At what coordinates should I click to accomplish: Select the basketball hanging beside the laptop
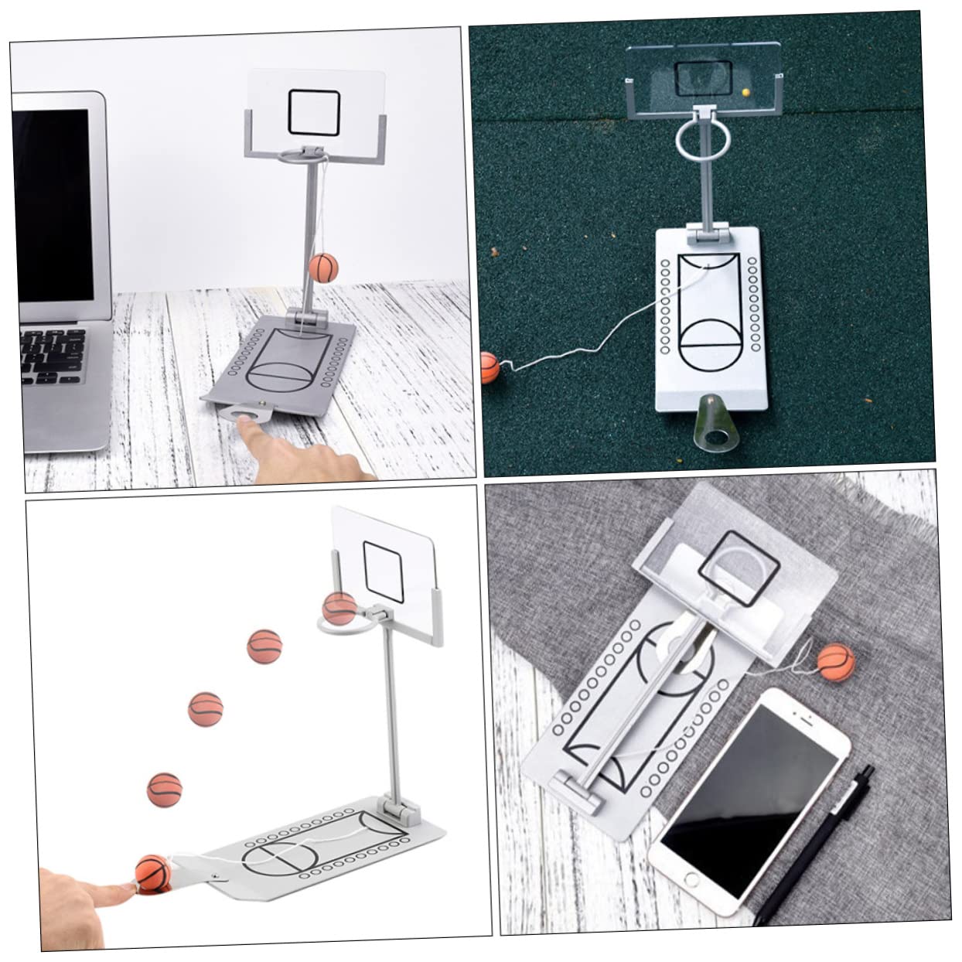(324, 267)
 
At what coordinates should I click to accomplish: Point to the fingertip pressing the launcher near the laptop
(246, 423)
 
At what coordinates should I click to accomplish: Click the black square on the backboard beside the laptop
(314, 111)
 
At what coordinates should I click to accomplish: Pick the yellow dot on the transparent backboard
(745, 92)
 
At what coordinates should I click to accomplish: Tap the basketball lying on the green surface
(490, 368)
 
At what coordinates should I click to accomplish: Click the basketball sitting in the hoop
(339, 609)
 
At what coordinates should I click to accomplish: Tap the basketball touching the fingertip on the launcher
(152, 875)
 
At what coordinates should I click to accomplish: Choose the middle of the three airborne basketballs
(206, 708)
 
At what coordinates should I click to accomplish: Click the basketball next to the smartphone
(836, 662)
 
